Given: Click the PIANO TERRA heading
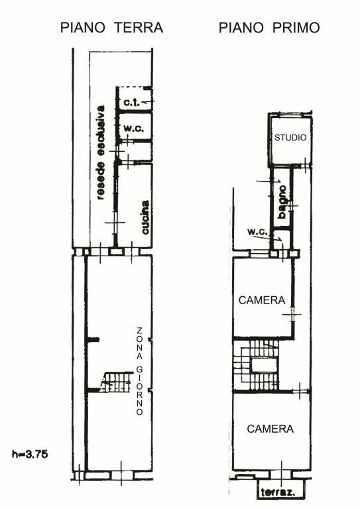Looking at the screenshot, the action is (x=111, y=28).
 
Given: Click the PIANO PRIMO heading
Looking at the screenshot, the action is (x=269, y=28).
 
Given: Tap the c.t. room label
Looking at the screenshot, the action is (x=132, y=103).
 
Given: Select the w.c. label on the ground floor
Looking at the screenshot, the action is (x=133, y=129).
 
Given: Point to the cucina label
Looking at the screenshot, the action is (x=145, y=217).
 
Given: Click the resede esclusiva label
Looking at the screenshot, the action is (x=101, y=152).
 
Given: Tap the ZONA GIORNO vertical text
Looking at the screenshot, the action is (x=140, y=371).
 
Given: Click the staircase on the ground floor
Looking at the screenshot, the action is (x=117, y=382).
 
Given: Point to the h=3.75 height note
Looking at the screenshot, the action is (x=30, y=454).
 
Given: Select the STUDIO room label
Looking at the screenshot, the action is (x=290, y=138).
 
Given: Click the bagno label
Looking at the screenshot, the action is (x=282, y=202).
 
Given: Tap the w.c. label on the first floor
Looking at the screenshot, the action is (x=257, y=233).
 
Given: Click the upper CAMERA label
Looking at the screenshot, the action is (x=262, y=300).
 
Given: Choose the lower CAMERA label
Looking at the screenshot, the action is (x=270, y=429).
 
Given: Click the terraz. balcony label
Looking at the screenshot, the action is (x=278, y=492).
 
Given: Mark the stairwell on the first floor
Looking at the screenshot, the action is (x=256, y=365).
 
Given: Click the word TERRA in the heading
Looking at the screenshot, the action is (x=139, y=28).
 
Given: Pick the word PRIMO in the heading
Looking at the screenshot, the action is (x=296, y=28).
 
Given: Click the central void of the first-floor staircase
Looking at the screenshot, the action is (x=265, y=365).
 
